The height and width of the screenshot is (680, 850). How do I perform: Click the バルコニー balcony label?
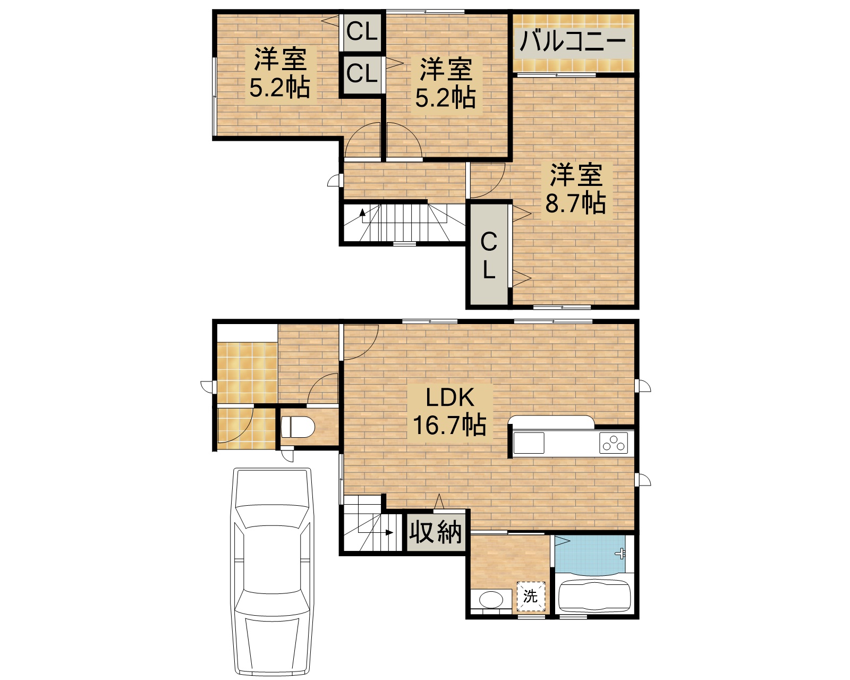573,41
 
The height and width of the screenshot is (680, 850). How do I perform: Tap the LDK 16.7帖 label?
449,411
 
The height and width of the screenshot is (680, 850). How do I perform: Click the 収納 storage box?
436,531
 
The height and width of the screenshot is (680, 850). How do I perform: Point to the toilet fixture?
298,427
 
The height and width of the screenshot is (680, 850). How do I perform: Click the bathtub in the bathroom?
594,597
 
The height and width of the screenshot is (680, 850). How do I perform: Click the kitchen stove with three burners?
614,443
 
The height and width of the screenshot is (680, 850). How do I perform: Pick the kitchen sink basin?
529,443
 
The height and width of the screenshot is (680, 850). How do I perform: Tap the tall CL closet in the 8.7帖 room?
488,256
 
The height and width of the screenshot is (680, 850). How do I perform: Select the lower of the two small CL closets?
362,74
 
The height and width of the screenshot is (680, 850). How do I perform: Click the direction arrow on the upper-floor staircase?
363,214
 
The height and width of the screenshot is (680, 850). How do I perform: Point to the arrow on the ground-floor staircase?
389,532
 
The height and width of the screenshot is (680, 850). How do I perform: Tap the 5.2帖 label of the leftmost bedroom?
279,87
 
